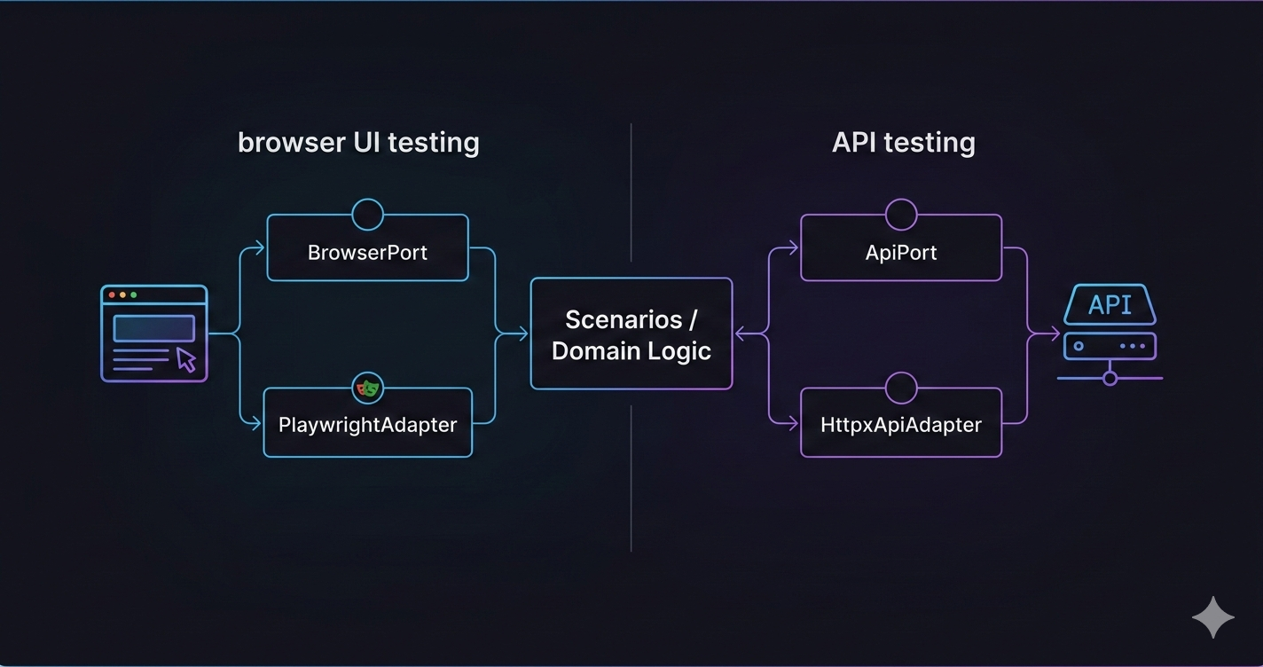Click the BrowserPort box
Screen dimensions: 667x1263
367,252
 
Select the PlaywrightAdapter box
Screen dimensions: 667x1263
367,425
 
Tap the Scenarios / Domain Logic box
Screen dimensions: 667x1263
631,334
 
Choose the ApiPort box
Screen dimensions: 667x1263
901,252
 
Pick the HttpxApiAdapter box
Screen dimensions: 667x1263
901,425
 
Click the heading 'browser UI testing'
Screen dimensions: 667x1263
358,142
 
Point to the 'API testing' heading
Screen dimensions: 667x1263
903,142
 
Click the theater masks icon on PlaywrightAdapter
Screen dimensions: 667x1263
367,388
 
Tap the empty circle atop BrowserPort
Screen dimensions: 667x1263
367,214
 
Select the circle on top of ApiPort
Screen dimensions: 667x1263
901,214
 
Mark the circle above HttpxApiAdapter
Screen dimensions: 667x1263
901,388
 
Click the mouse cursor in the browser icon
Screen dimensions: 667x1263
186,359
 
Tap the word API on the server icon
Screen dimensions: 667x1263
1110,305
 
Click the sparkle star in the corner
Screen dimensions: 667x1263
1212,617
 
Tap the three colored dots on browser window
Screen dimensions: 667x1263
122,294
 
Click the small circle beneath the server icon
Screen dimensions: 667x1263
1110,379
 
